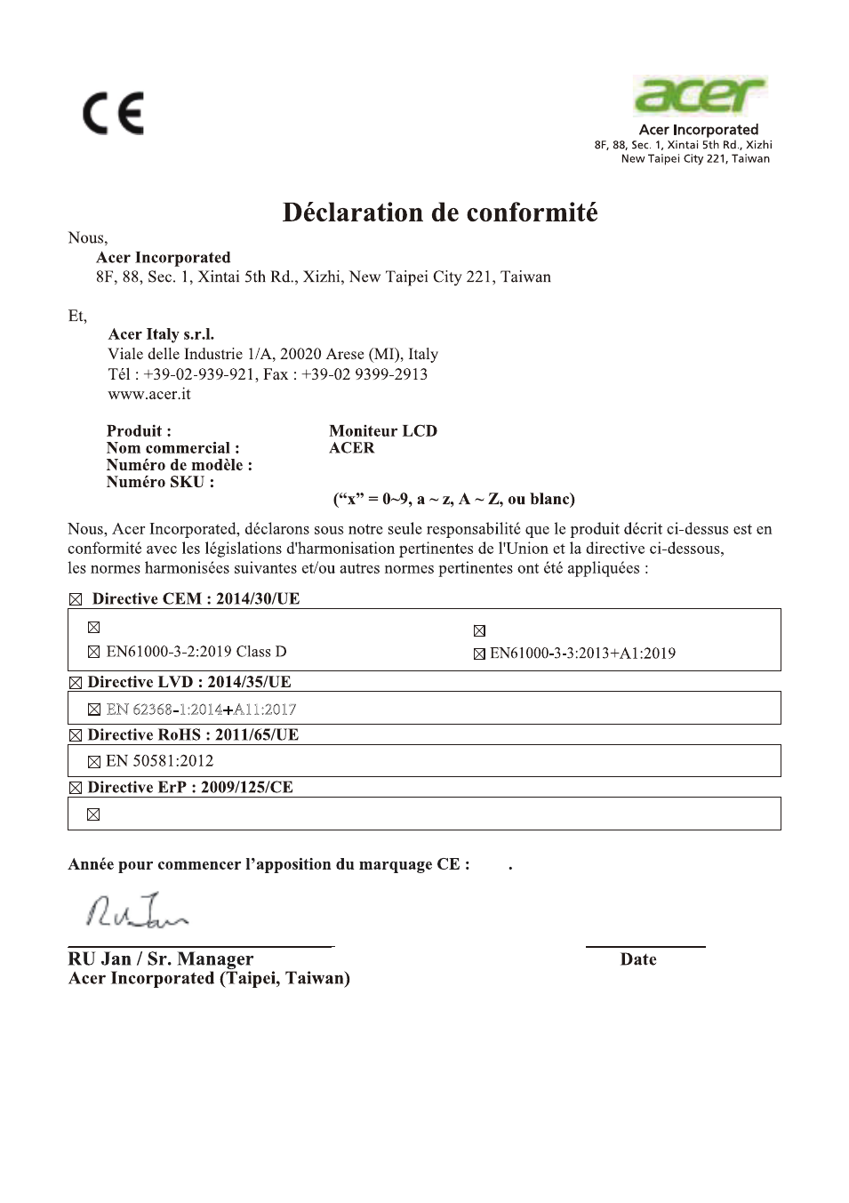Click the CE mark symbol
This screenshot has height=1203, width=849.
click(114, 114)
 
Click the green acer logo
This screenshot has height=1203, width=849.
click(700, 96)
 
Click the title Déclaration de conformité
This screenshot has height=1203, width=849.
click(440, 213)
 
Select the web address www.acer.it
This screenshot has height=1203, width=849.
click(149, 394)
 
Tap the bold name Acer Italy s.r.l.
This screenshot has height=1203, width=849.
click(161, 334)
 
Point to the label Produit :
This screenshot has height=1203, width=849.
click(139, 431)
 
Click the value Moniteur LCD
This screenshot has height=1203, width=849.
click(383, 431)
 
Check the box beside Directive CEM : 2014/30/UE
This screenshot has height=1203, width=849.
click(76, 600)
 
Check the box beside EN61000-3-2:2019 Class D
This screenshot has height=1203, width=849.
click(94, 653)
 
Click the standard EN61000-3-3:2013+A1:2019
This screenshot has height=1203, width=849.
click(582, 654)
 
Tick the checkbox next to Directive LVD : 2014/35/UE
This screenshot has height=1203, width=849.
click(76, 684)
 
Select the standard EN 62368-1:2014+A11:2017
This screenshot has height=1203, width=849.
click(201, 710)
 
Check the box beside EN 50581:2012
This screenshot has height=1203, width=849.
click(94, 762)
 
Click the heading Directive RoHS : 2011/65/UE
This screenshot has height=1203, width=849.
click(193, 735)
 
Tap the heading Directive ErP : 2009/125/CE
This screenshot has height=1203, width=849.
click(190, 788)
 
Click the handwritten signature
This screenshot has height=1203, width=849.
click(138, 911)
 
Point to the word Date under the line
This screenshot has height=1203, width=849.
click(638, 959)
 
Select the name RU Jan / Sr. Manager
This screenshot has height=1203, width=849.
click(161, 958)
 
